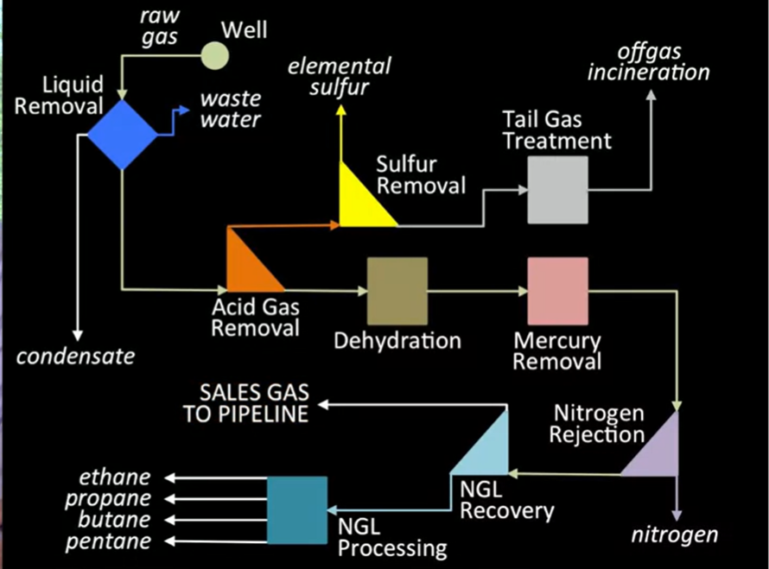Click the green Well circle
215,55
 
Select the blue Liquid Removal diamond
123,135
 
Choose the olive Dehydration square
397,291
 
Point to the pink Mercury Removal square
557,291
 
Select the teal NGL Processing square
297,510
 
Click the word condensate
77,354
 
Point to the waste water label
231,109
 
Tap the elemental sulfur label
340,76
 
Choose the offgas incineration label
648,62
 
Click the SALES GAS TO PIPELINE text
245,403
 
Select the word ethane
114,477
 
